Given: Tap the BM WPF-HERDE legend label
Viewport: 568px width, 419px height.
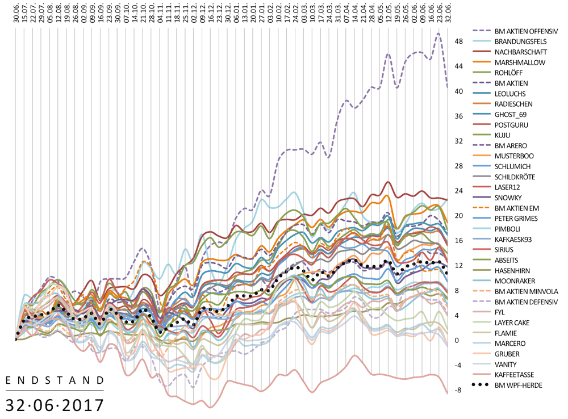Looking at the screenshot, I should (x=517, y=385).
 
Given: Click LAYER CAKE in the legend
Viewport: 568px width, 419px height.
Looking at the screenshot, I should (x=514, y=322).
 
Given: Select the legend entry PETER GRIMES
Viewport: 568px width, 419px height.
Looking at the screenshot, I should (x=516, y=218).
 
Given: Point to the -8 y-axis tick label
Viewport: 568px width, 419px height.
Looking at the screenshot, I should (x=459, y=391).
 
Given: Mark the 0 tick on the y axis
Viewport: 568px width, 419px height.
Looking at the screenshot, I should (x=457, y=341).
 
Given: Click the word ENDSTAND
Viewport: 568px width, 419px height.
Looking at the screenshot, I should (x=55, y=380).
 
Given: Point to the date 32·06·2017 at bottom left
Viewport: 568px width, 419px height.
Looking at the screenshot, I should (x=55, y=405).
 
